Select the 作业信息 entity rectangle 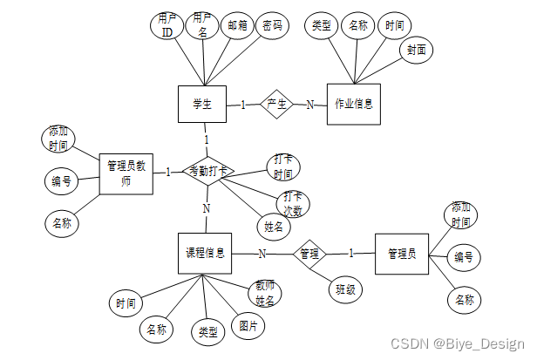(353, 104)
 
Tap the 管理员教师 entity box (126, 171)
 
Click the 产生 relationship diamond (276, 104)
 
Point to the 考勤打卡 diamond (207, 172)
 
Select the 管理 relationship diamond (309, 254)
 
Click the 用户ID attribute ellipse (167, 27)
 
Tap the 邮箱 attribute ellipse (238, 26)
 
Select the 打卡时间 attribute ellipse (282, 166)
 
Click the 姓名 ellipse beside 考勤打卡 (272, 227)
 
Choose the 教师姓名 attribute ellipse (264, 293)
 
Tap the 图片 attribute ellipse (248, 327)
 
